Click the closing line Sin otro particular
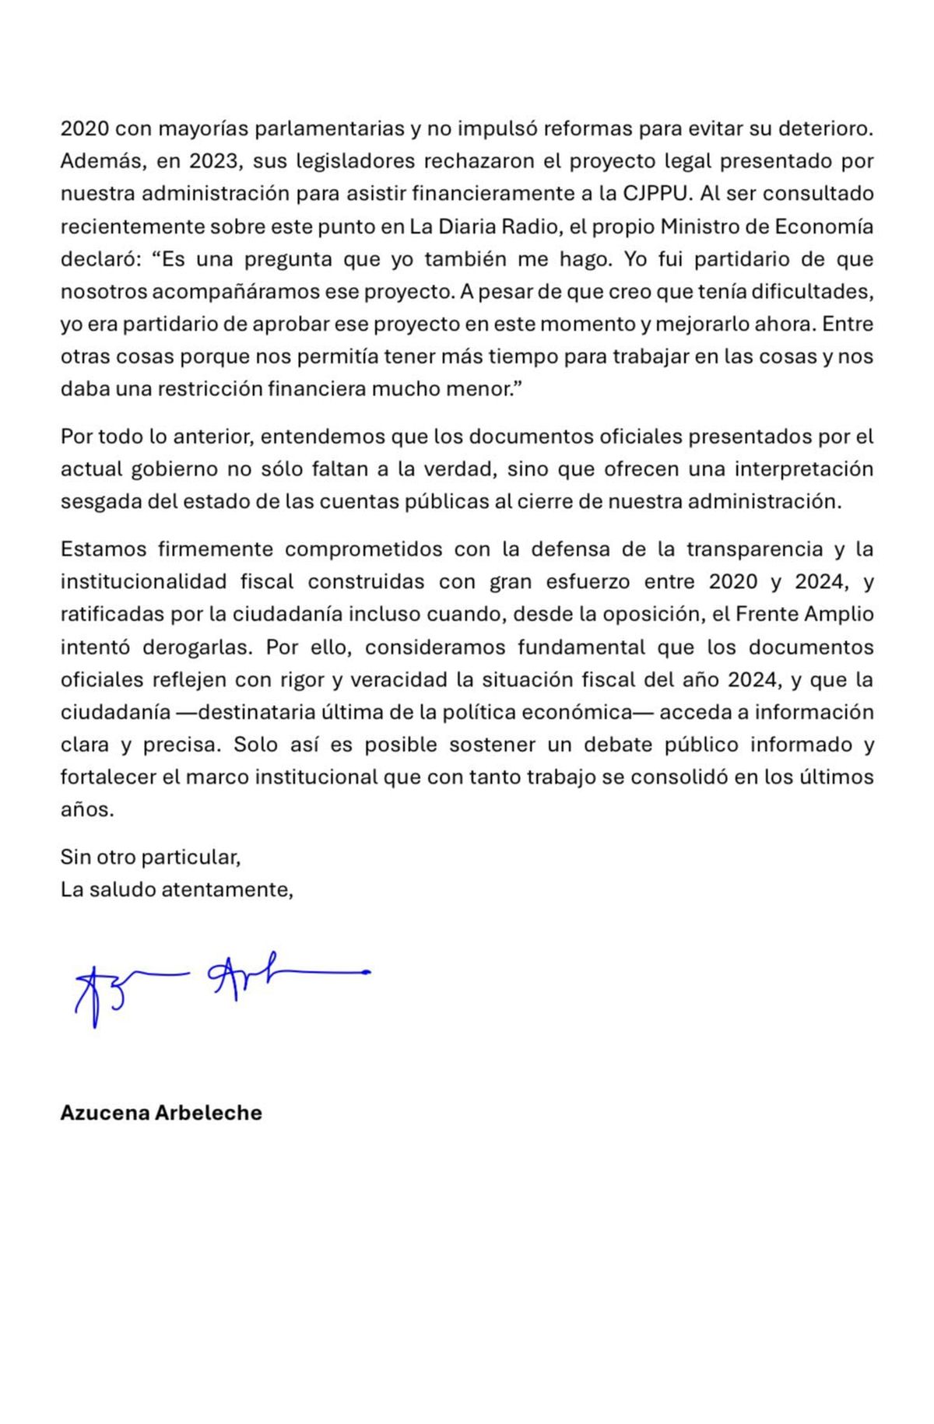pyautogui.click(x=150, y=858)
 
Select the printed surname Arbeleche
pyautogui.click(x=209, y=1113)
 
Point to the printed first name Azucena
pyautogui.click(x=105, y=1113)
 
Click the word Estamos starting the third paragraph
pyautogui.click(x=104, y=549)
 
